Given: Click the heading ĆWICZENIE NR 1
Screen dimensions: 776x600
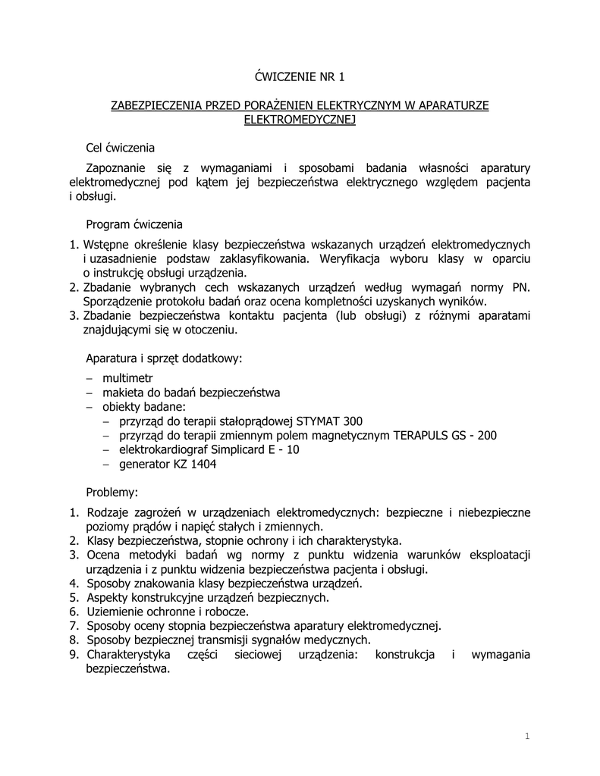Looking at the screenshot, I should tap(299, 76).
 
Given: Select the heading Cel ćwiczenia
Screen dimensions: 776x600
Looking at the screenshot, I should tap(121, 147).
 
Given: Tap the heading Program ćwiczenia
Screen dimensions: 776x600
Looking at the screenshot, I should tap(134, 224).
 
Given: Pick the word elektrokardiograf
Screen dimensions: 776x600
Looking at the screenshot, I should tap(164, 450).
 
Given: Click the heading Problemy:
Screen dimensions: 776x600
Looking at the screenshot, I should tap(112, 493).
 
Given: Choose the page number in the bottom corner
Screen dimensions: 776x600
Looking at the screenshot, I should tap(526, 736).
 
